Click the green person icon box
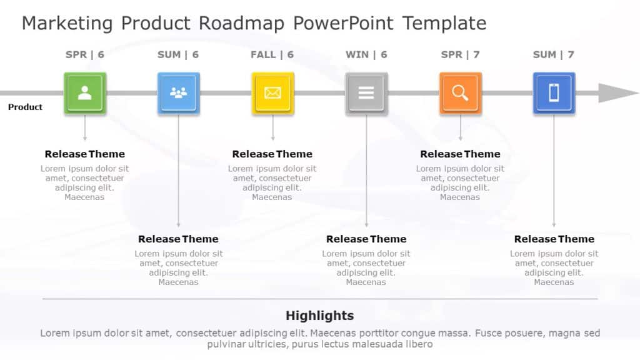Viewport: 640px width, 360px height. (85, 93)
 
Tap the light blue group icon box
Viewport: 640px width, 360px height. (179, 93)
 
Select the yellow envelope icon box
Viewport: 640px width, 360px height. (272, 93)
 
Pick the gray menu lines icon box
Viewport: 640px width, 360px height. (366, 93)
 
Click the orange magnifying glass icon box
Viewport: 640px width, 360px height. (460, 93)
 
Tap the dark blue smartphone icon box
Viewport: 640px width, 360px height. (554, 93)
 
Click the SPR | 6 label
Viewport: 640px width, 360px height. (85, 55)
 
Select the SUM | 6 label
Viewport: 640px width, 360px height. (178, 55)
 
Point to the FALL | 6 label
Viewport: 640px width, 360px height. (272, 55)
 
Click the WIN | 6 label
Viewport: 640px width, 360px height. (366, 55)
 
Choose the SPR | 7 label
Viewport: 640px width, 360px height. (460, 55)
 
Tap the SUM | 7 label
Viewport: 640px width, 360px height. (554, 55)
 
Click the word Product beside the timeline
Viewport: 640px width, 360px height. (25, 107)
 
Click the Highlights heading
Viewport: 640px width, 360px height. (319, 316)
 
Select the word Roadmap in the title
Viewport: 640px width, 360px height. (241, 24)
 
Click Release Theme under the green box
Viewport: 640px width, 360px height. (85, 154)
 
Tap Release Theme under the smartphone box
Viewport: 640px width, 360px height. (554, 239)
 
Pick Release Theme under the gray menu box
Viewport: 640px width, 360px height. (366, 239)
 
